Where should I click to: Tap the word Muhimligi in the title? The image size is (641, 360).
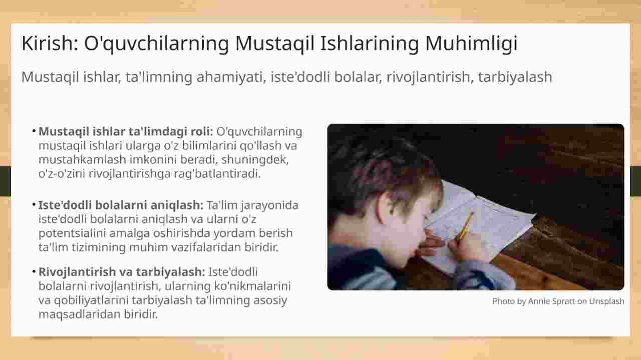[x=471, y=44]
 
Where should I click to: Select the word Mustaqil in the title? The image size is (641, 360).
[x=275, y=44]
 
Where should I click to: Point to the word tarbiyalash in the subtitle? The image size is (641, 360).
[x=515, y=77]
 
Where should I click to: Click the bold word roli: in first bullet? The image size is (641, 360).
[x=202, y=132]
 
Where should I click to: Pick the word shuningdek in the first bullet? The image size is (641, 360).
[x=255, y=160]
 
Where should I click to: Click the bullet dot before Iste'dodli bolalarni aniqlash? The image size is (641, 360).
[x=34, y=205]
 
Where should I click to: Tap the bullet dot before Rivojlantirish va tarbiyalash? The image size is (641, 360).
[x=34, y=272]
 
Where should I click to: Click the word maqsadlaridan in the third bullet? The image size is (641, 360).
[x=79, y=314]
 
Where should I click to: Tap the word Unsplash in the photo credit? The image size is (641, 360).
[x=606, y=301]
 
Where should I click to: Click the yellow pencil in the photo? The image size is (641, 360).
[x=465, y=228]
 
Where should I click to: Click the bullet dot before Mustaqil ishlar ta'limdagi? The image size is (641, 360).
[x=34, y=131]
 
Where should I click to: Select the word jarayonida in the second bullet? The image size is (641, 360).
[x=269, y=205]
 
